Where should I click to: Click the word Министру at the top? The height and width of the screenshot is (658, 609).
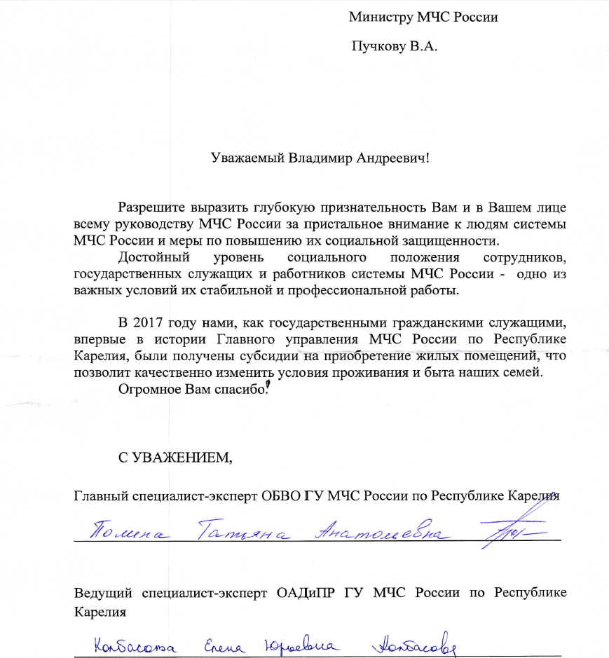[x=378, y=18]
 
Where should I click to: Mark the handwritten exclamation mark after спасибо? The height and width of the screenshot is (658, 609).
[x=269, y=385]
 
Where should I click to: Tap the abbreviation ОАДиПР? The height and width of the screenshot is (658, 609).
[x=306, y=593]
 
